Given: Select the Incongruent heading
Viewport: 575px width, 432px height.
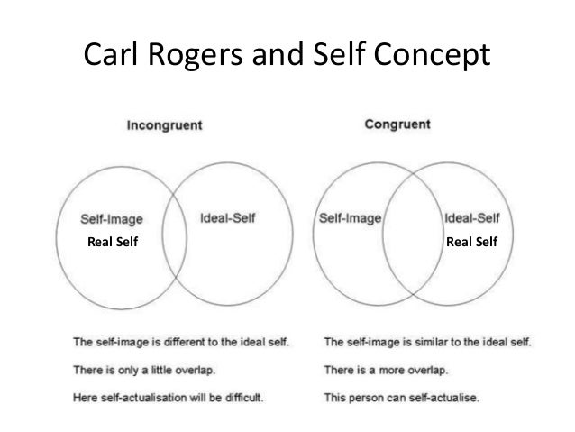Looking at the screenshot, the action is point(164,125).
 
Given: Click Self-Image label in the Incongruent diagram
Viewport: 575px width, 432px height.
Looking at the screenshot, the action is point(112,218).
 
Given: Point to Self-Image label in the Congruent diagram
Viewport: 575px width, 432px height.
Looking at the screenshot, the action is point(351,217).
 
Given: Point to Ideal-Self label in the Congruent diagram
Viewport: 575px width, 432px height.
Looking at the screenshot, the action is point(474,217).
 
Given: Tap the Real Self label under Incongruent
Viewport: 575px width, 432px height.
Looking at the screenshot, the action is point(113,241).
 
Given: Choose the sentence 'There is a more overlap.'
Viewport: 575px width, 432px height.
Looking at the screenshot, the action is point(388,368).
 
